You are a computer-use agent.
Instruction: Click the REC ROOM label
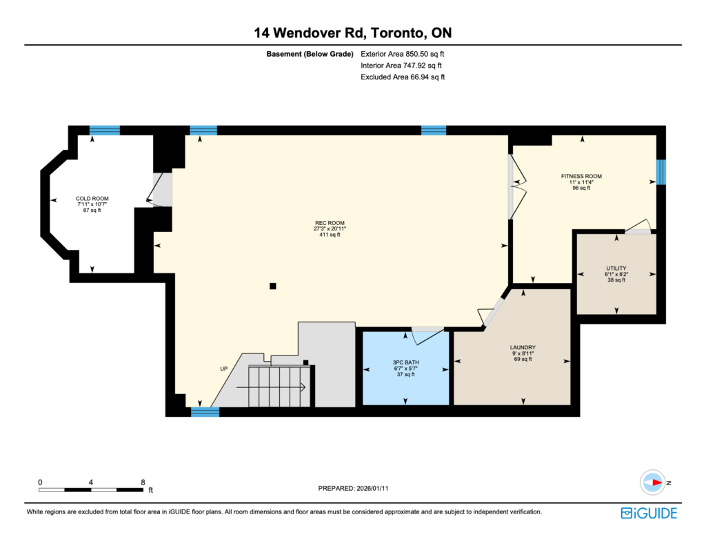[x=330, y=223]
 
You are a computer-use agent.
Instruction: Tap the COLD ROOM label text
[x=92, y=198]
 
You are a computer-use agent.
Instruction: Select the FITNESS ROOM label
[x=581, y=176]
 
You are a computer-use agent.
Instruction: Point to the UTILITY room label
[x=616, y=269]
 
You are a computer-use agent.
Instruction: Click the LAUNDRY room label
[x=523, y=348]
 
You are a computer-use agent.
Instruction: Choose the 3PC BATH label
[x=405, y=362]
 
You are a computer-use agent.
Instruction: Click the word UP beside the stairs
[x=224, y=369]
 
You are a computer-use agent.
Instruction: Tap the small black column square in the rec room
[x=273, y=286]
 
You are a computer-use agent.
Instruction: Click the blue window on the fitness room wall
[x=660, y=173]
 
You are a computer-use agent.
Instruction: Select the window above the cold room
[x=105, y=130]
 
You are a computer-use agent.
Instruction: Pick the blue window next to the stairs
[x=205, y=411]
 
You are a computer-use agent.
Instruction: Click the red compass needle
[x=657, y=482]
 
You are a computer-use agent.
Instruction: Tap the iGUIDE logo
[x=649, y=513]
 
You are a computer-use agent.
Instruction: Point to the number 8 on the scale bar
[x=143, y=482]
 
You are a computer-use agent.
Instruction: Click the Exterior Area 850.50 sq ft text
[x=402, y=54]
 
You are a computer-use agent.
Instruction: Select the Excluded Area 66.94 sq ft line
[x=403, y=77]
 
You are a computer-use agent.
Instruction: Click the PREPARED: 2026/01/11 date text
[x=353, y=488]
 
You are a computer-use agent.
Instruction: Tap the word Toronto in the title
[x=398, y=33]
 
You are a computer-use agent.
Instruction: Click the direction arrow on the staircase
[x=271, y=387]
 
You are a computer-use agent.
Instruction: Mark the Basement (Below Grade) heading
[x=310, y=54]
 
